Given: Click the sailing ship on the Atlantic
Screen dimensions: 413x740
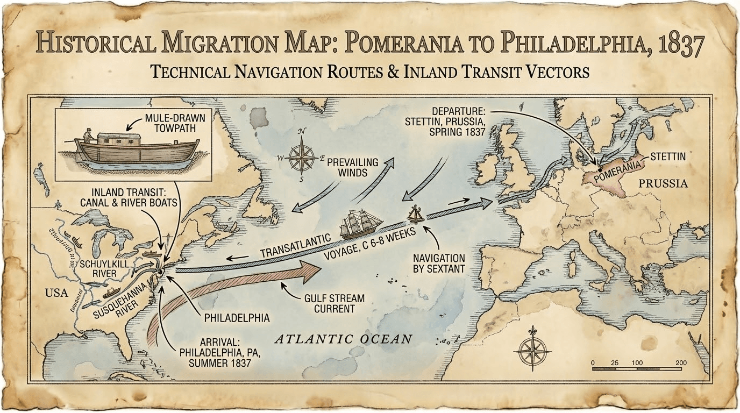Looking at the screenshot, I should (361, 224).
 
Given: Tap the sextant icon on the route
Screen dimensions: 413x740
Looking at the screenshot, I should (416, 214).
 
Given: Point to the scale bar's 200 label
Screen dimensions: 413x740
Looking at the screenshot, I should (680, 363).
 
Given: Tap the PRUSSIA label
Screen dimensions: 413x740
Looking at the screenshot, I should (663, 184).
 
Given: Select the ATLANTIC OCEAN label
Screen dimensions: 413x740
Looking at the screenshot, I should (343, 339).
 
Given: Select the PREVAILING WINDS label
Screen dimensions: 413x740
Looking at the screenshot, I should (353, 167).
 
